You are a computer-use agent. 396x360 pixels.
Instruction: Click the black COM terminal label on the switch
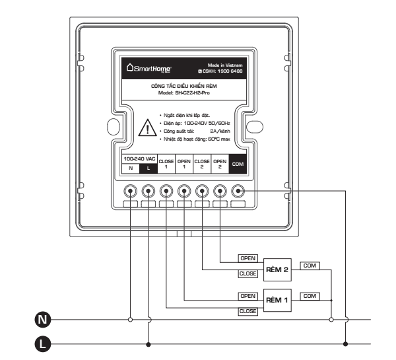(238, 164)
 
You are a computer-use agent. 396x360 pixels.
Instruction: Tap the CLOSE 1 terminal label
(166, 164)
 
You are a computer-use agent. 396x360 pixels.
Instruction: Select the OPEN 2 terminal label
(220, 164)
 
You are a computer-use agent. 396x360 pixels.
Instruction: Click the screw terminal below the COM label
(238, 191)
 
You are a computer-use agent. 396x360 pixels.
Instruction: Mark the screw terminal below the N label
(131, 191)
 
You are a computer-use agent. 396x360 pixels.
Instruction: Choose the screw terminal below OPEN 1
(184, 191)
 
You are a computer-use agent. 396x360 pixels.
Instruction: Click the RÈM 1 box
(278, 299)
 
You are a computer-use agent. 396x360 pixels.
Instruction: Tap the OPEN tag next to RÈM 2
(247, 257)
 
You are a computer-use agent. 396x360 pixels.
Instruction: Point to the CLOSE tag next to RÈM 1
(247, 310)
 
